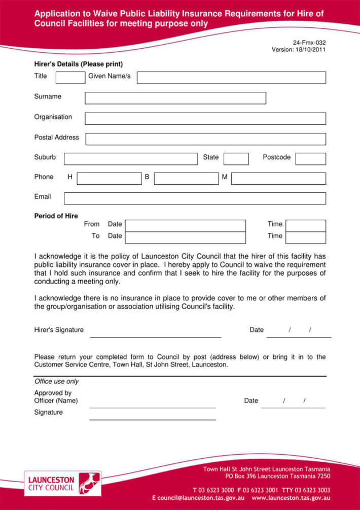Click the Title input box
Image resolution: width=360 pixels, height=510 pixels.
point(70,78)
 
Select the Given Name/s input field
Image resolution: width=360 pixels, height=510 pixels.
point(231,78)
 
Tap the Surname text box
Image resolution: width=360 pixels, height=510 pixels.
point(175,98)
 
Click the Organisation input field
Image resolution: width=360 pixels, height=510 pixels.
point(205,118)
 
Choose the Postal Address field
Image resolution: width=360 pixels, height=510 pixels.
point(205,139)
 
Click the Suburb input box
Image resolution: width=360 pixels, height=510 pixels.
point(130,159)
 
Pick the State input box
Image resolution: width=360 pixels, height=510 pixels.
point(236,159)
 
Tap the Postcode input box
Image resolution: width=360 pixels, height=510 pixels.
point(310,159)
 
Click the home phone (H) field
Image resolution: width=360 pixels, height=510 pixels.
point(109,179)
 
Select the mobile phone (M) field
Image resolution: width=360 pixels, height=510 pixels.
point(278,179)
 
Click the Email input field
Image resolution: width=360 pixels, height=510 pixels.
point(195,198)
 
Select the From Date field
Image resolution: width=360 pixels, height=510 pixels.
point(185,225)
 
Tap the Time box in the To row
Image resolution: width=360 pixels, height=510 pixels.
point(306,237)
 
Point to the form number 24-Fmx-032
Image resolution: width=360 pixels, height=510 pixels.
point(309,43)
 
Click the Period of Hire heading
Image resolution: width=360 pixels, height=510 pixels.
point(56,216)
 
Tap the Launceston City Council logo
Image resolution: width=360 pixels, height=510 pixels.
point(62,483)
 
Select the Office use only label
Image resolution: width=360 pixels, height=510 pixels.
point(56,381)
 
